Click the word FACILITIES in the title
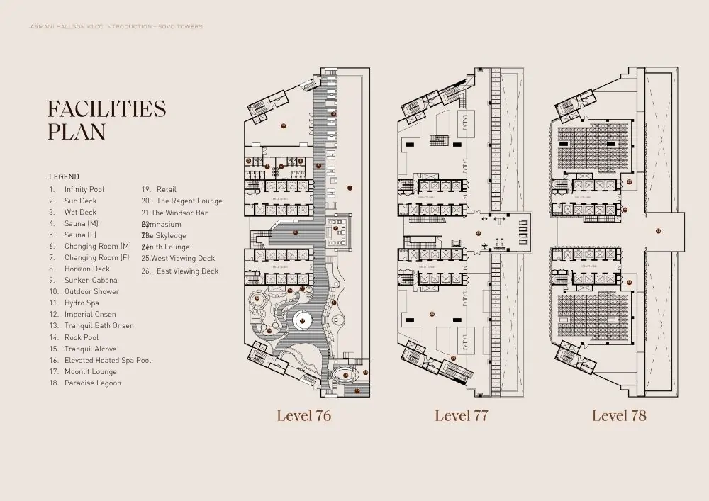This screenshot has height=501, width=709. coord(106,109)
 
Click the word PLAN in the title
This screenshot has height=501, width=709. coord(77,132)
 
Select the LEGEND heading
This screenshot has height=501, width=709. coord(64,176)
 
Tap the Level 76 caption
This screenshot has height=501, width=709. coord(303,416)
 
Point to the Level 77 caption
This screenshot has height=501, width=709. coord(461,416)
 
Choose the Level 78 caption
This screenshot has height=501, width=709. coord(619,416)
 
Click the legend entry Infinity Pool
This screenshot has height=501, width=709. coord(84,190)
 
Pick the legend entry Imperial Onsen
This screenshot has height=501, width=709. coord(89,314)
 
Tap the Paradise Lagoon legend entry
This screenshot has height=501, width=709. coord(92,383)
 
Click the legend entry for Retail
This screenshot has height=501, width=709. coord(166,190)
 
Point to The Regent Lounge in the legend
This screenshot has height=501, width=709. coord(189,201)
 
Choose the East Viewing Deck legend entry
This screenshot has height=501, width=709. coord(187,271)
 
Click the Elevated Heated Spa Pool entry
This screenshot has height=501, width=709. coord(107,360)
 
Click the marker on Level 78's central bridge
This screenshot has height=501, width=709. coord(658,231)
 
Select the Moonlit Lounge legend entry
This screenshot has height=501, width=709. coord(90,371)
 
